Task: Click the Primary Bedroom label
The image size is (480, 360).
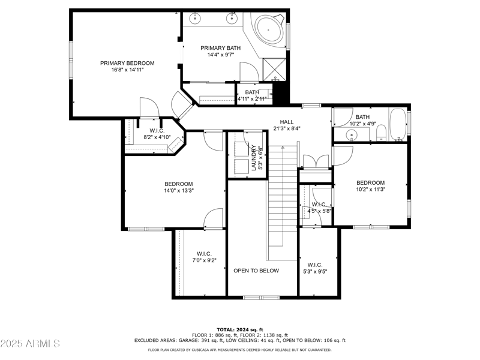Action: tap(127, 63)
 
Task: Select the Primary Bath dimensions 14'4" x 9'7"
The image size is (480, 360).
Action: tap(220, 55)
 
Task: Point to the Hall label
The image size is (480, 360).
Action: tap(286, 122)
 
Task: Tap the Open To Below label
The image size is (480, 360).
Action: tap(256, 271)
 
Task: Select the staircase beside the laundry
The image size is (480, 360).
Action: tap(282, 198)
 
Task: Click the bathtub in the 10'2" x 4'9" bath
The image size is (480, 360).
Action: tap(397, 124)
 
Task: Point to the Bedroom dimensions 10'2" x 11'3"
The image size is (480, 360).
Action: tap(370, 190)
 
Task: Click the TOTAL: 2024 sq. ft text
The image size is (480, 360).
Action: tap(240, 329)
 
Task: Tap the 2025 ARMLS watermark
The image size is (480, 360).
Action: tap(30, 344)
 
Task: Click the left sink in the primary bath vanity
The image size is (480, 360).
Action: tap(197, 18)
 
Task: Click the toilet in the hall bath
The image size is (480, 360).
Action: tap(380, 137)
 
